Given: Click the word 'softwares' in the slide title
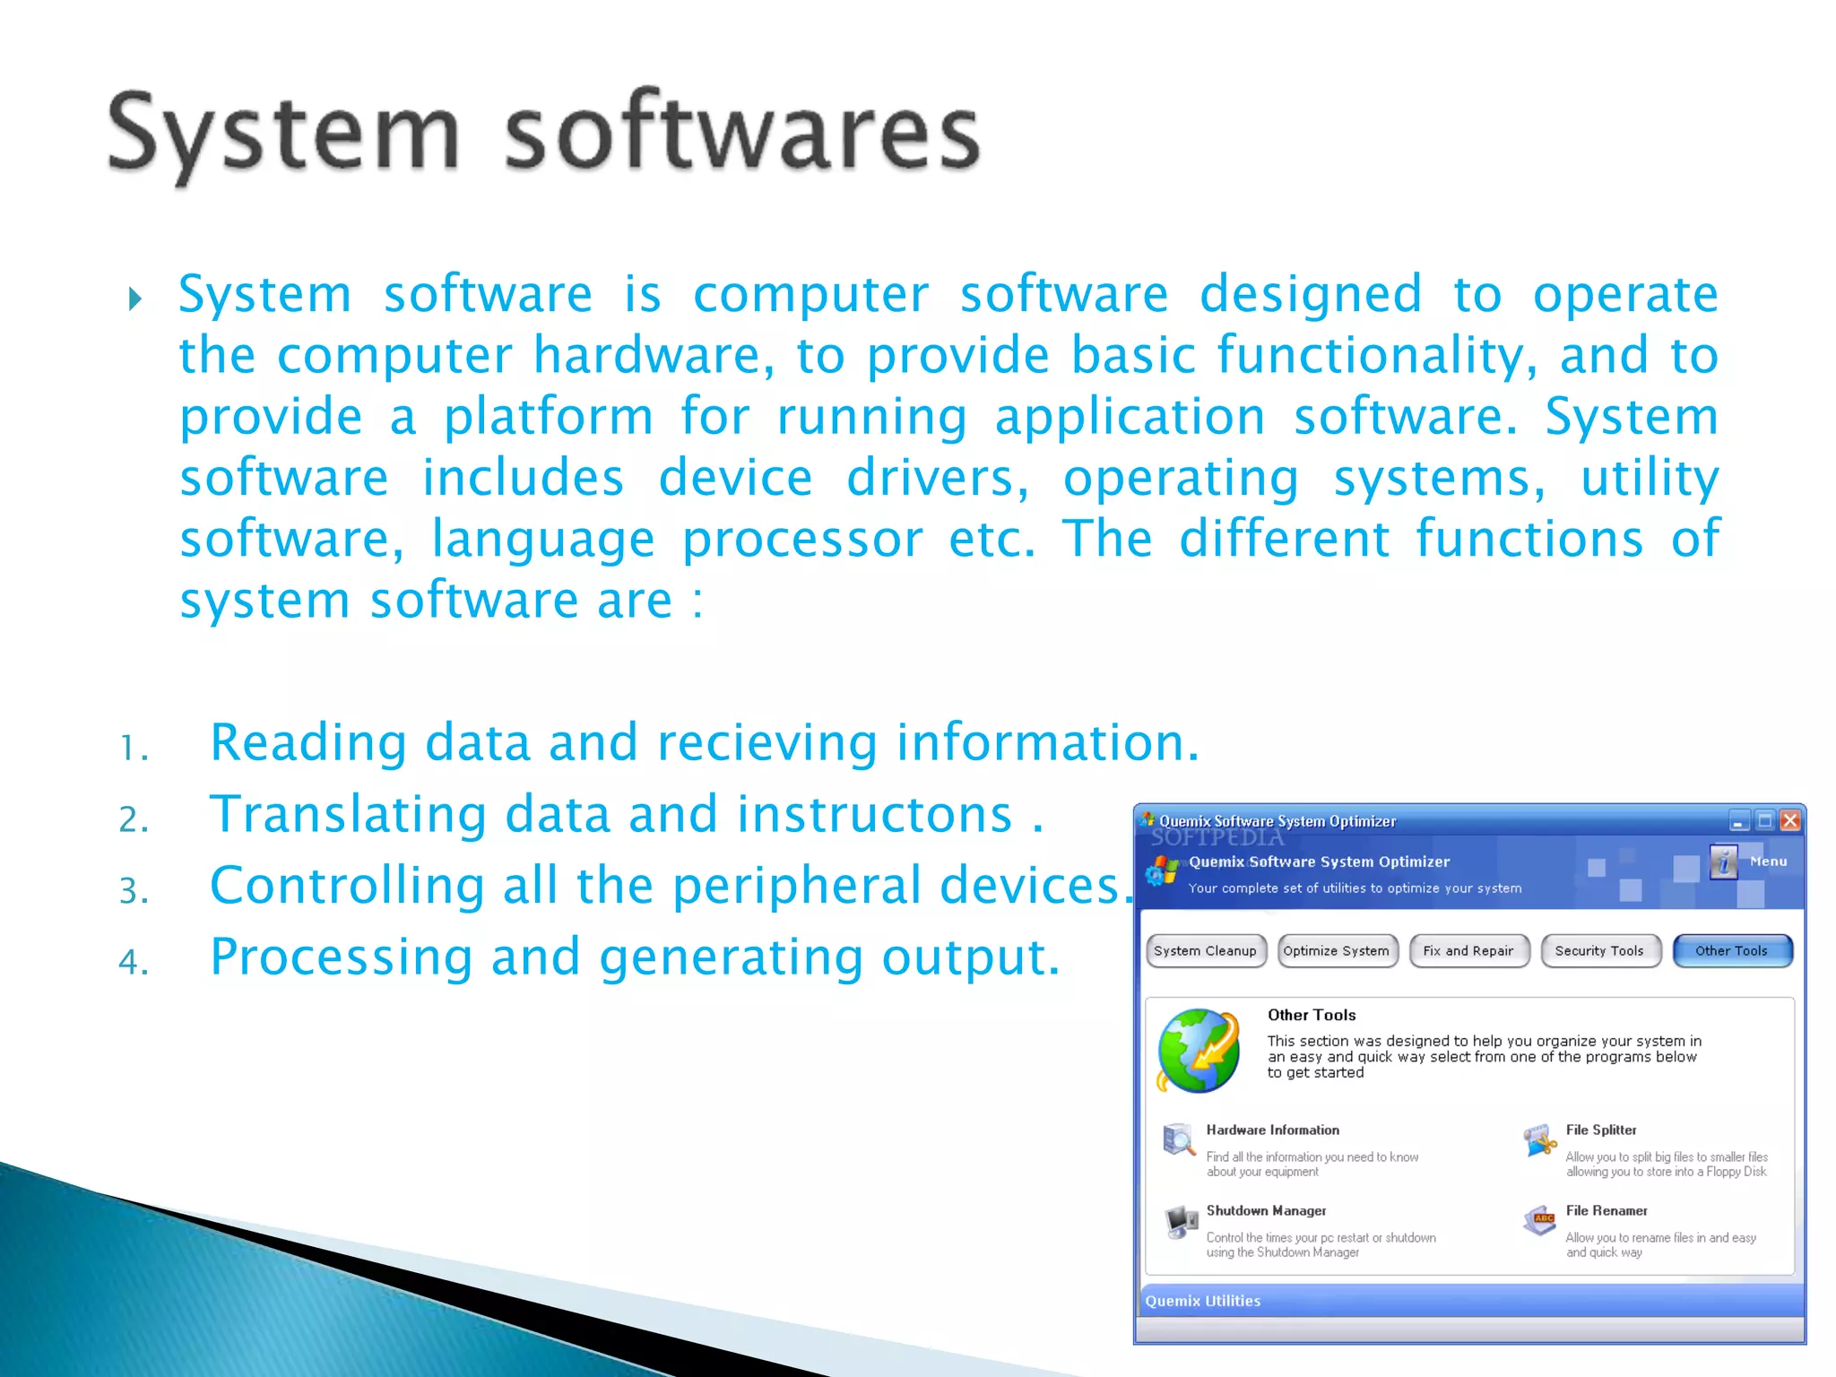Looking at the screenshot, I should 742,134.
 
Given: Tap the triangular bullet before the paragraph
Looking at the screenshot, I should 135,299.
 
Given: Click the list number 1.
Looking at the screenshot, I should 134,748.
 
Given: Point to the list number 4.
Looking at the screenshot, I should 134,962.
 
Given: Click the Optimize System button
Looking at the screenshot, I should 1336,951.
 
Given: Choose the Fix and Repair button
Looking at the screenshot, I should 1468,951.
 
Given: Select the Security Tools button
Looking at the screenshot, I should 1599,951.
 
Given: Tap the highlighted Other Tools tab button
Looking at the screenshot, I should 1731,951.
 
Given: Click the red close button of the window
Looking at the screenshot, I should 1790,820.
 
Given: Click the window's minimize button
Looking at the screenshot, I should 1739,820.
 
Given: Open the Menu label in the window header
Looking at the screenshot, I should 1768,862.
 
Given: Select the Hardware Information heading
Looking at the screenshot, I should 1272,1130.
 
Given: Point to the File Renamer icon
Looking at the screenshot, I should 1539,1221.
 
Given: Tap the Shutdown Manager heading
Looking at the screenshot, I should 1266,1211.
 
